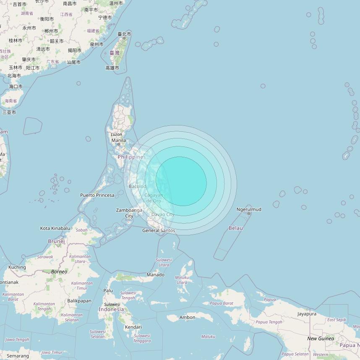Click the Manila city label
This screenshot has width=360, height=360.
pos(118,140)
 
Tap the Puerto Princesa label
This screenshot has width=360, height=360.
pos(97,195)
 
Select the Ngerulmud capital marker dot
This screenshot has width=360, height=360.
pos(249,214)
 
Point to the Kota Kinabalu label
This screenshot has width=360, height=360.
pos(55,228)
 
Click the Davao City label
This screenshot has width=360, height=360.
pos(163,214)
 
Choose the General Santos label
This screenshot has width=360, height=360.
pos(159,230)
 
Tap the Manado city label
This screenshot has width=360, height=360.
pos(155,275)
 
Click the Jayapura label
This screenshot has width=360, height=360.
pos(307,314)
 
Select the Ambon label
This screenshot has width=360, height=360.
pos(187,317)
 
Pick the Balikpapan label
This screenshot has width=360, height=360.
pos(79,301)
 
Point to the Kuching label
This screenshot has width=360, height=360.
pos(17,267)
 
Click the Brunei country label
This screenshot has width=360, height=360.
pos(56,241)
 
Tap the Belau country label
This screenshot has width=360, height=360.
pos(236,228)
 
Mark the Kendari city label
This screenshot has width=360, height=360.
pos(133,327)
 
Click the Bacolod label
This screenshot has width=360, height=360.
pos(137,186)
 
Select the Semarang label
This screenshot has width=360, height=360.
pos(18,356)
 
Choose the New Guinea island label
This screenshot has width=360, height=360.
pos(321,339)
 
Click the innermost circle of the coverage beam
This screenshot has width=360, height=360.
pos(181,181)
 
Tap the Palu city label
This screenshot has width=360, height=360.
pos(108,290)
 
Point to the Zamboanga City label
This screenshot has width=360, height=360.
pos(129,213)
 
